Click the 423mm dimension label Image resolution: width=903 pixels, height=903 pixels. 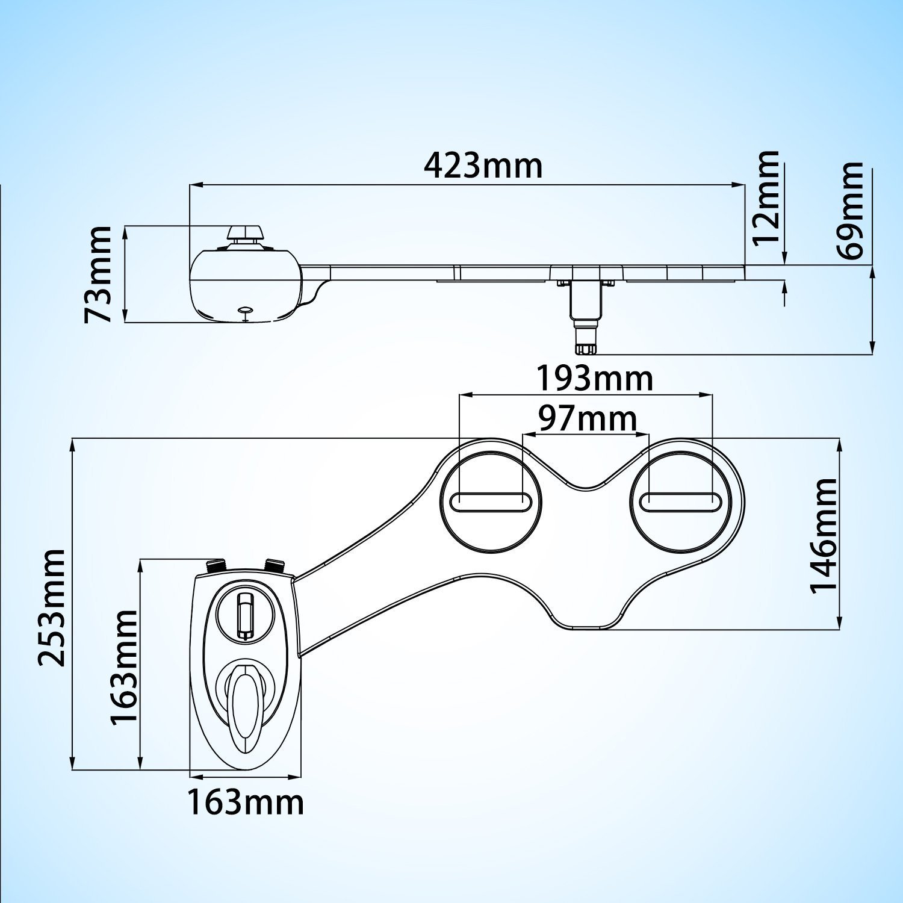point(483,166)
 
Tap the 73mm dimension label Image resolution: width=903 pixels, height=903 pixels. point(98,274)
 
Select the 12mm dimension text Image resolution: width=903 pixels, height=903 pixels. point(767,197)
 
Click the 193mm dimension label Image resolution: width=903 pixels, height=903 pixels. point(594,379)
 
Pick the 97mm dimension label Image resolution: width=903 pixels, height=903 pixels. point(587,419)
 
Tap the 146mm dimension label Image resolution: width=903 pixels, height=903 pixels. point(824,536)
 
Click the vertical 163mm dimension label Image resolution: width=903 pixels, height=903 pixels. point(125,667)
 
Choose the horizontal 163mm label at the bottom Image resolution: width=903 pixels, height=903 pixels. point(245,802)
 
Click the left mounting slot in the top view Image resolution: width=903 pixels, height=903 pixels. point(491,502)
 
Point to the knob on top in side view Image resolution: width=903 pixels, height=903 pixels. point(245,234)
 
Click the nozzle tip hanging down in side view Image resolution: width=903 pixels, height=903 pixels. point(585,347)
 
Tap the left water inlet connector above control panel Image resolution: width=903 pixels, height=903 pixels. point(215,566)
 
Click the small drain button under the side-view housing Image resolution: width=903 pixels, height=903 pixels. point(246,311)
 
